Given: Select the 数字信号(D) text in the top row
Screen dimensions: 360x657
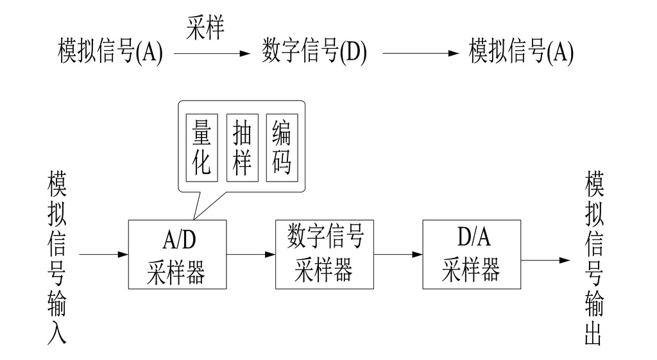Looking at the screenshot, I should pyautogui.click(x=314, y=52).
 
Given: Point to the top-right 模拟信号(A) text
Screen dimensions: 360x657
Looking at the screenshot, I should pyautogui.click(x=521, y=52).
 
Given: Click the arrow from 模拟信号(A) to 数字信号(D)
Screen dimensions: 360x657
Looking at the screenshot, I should pyautogui.click(x=212, y=55).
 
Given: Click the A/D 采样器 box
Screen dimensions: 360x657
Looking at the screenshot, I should pyautogui.click(x=178, y=254).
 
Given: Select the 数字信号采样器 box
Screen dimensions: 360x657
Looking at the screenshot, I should pyautogui.click(x=325, y=254).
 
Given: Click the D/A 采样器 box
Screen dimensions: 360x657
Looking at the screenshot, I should pyautogui.click(x=472, y=254).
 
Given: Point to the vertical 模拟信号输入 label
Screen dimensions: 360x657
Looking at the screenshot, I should pyautogui.click(x=57, y=257).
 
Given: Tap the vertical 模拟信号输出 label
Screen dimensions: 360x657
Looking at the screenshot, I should pyautogui.click(x=594, y=257).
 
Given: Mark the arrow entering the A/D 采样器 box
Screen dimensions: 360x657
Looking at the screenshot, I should pyautogui.click(x=103, y=255).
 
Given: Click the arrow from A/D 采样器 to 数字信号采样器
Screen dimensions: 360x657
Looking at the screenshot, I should pyautogui.click(x=251, y=255).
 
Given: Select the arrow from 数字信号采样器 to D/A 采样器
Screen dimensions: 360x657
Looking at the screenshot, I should pyautogui.click(x=398, y=255).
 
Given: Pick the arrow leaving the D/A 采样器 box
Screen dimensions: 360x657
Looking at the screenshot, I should pyautogui.click(x=545, y=261).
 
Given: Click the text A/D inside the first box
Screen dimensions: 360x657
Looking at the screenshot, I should pyautogui.click(x=178, y=241).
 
